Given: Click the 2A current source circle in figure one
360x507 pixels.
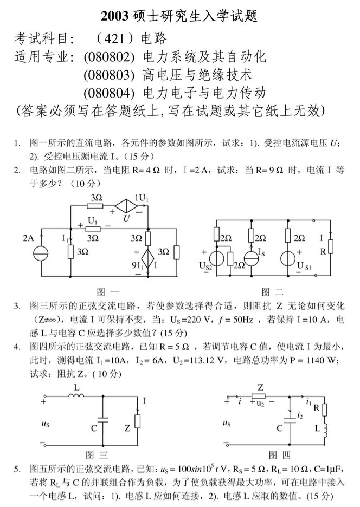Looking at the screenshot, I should [x=40, y=253].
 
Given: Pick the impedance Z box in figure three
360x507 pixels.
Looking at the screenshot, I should [x=138, y=420].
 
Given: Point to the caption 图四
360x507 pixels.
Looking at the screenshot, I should [x=279, y=454].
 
